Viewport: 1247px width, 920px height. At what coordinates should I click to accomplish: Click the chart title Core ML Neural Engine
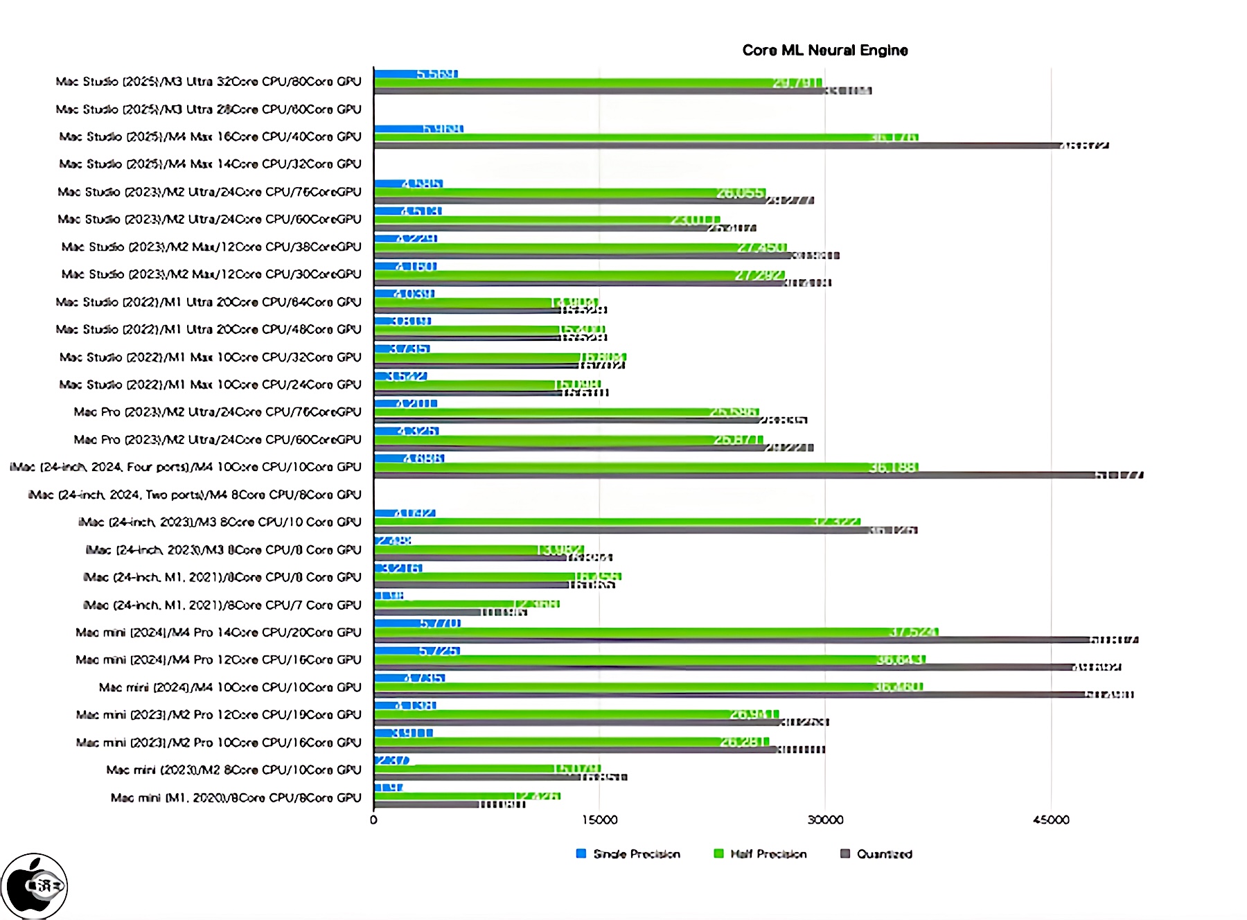824,50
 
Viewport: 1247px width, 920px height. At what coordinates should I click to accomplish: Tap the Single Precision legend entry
635,853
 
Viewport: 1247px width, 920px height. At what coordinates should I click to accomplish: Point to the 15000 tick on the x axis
599,820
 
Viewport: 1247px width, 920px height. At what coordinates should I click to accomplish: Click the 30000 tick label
825,820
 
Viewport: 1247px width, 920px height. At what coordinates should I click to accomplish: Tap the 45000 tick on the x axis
1050,820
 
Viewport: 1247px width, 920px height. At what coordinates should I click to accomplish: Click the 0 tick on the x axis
374,820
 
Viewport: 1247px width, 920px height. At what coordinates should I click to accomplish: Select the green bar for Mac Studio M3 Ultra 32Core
596,82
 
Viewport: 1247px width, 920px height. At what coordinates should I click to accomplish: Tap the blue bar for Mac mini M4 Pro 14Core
416,623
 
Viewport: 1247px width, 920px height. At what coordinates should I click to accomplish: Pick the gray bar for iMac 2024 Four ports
734,475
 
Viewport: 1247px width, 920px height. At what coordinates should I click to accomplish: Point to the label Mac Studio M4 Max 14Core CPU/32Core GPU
210,164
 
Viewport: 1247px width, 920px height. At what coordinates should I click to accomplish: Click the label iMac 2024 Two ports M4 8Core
194,495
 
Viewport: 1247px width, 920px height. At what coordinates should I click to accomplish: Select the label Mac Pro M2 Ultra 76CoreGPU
218,412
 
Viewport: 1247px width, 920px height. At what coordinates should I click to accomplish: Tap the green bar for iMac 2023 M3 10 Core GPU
617,522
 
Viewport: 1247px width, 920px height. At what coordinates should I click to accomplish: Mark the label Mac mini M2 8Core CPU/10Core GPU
233,770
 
